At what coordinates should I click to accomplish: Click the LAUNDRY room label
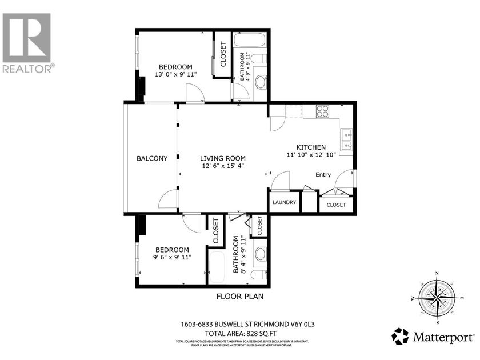[284, 202]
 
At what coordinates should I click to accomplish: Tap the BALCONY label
[152, 159]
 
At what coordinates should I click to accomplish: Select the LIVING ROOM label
[223, 159]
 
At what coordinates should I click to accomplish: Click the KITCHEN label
[311, 147]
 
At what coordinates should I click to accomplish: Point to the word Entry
[323, 175]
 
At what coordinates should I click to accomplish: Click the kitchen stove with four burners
[322, 111]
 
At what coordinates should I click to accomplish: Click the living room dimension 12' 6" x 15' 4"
[223, 166]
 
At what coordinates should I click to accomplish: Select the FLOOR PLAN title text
[239, 296]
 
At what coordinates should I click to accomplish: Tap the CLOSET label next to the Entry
[336, 205]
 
